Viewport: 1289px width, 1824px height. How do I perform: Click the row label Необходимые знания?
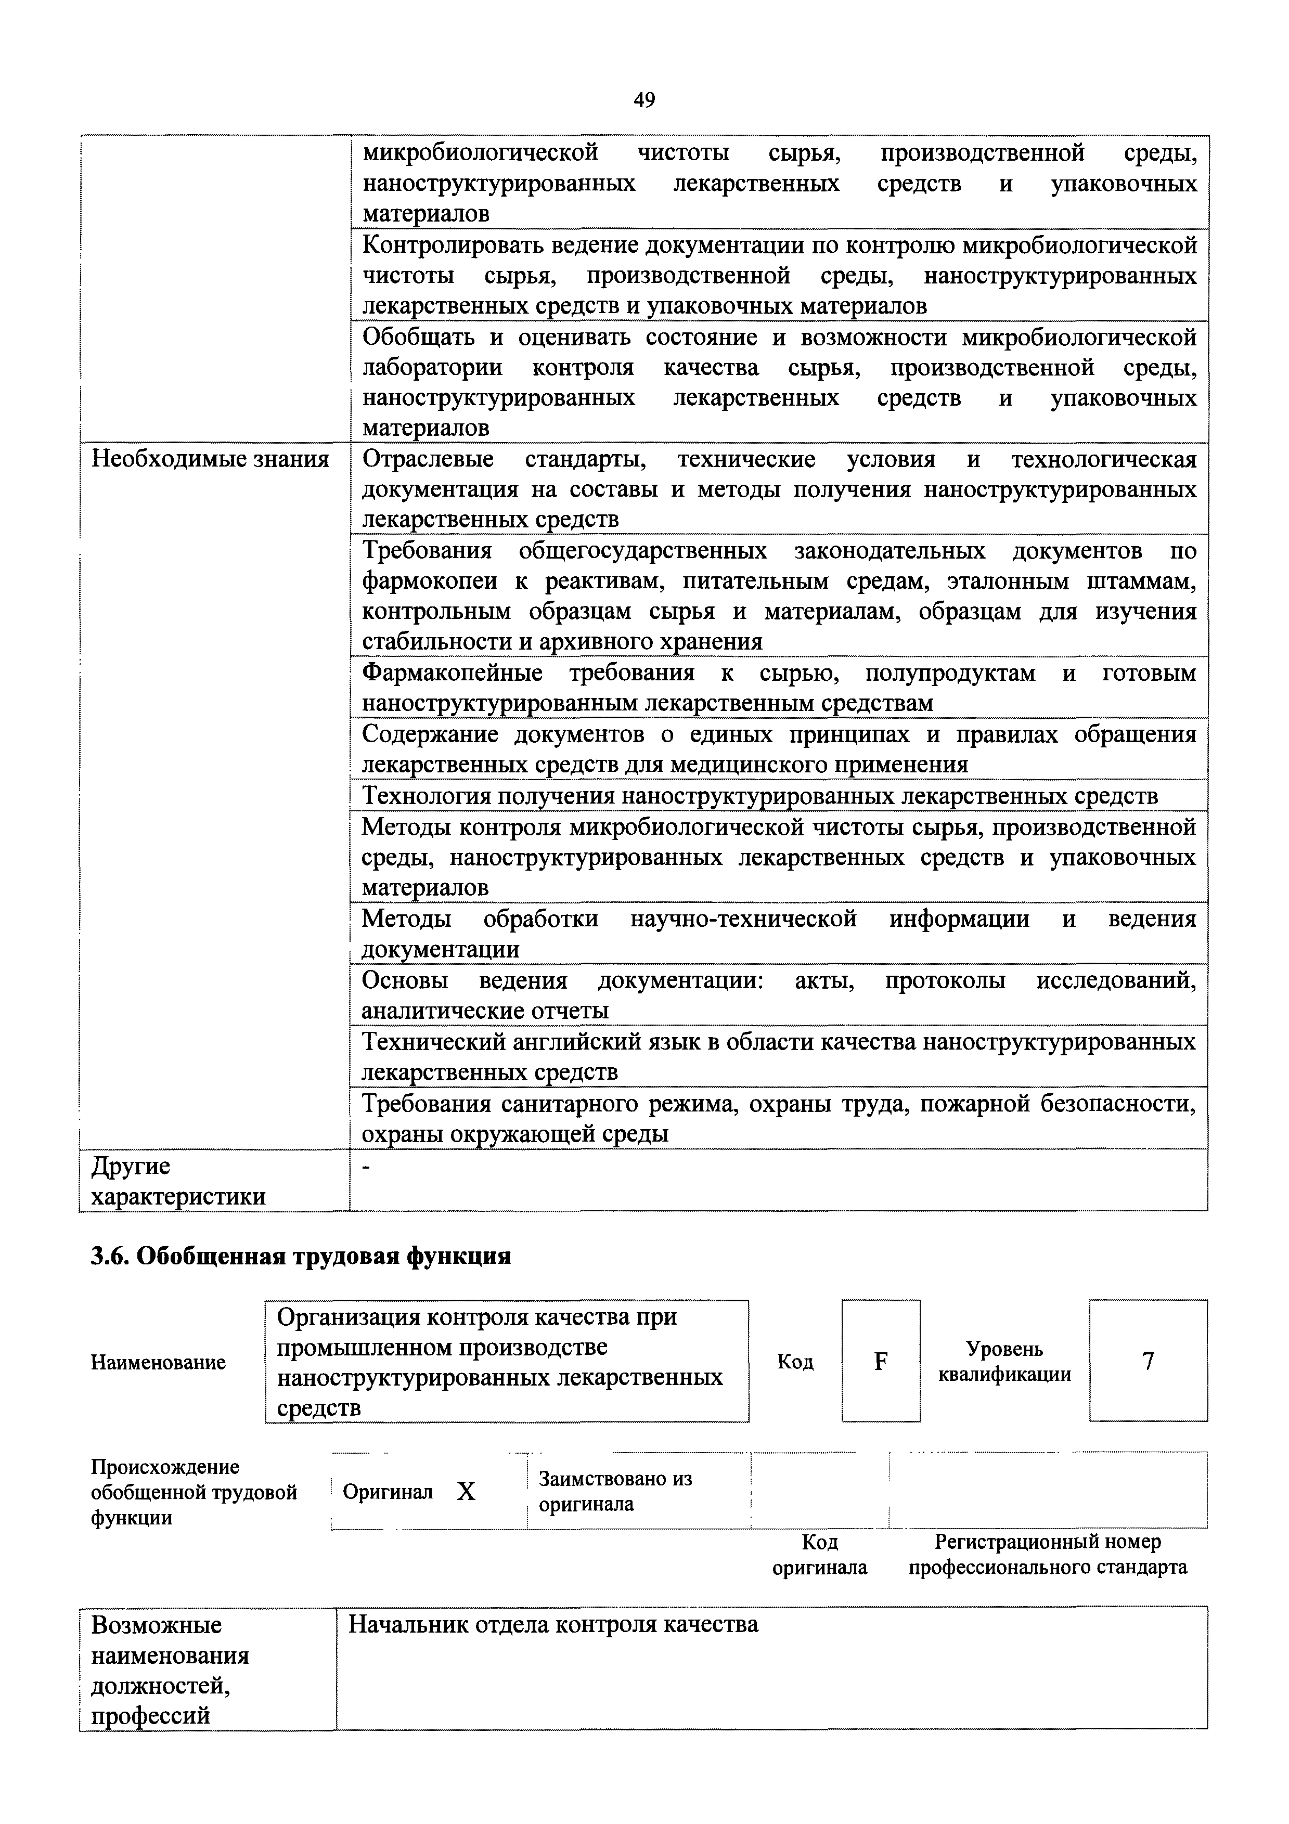211,459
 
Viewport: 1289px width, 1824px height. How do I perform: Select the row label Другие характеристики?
178,1181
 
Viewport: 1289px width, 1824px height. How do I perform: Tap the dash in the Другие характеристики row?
366,1166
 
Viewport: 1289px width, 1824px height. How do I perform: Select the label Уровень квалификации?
1004,1362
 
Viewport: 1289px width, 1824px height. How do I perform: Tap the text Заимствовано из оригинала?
614,1491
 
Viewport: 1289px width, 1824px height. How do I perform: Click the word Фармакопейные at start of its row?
452,673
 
